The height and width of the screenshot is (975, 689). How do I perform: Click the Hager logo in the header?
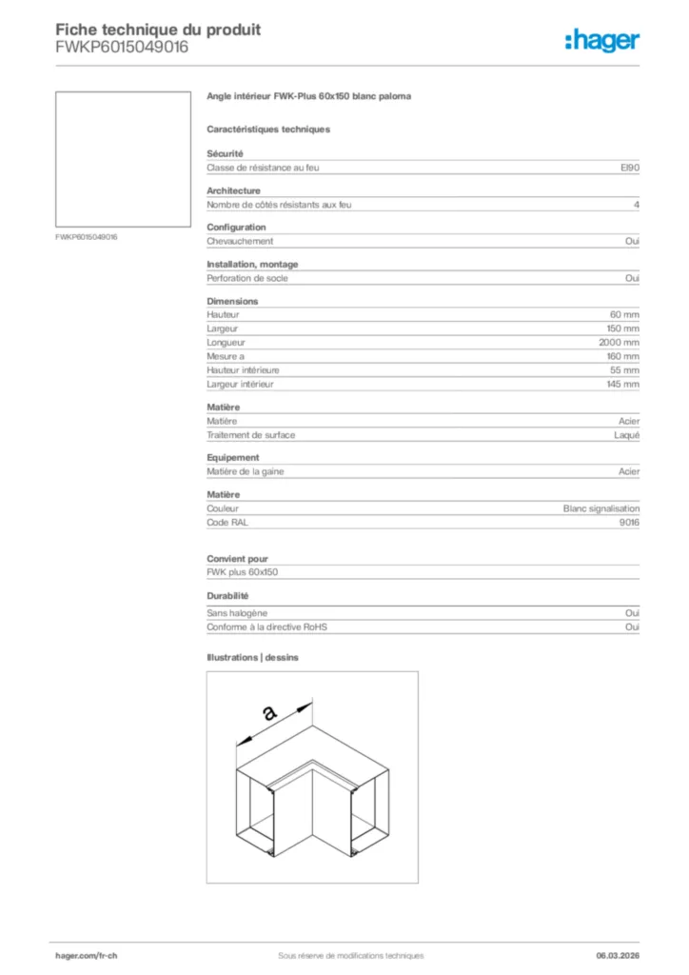tap(601, 40)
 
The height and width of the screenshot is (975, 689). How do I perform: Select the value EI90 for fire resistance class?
tap(630, 168)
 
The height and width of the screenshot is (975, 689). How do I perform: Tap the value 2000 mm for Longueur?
tap(619, 342)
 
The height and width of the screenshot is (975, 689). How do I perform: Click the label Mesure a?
tap(226, 356)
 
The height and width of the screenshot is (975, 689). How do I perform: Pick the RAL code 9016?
tap(629, 523)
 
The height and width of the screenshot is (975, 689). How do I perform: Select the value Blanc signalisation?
tap(601, 508)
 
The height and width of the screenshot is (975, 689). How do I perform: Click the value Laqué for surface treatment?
tap(627, 435)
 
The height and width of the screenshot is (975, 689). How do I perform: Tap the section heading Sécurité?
tap(226, 153)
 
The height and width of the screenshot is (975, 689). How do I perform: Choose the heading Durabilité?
tap(228, 596)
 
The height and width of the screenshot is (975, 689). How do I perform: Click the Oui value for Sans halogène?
tap(632, 613)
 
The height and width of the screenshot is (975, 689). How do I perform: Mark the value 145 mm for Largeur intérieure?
tap(624, 384)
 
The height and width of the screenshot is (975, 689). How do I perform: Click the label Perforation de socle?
tap(247, 278)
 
